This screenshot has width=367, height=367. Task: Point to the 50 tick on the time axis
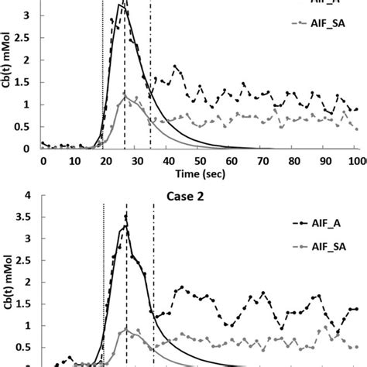(200, 160)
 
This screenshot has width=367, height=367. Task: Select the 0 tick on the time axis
(43, 160)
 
